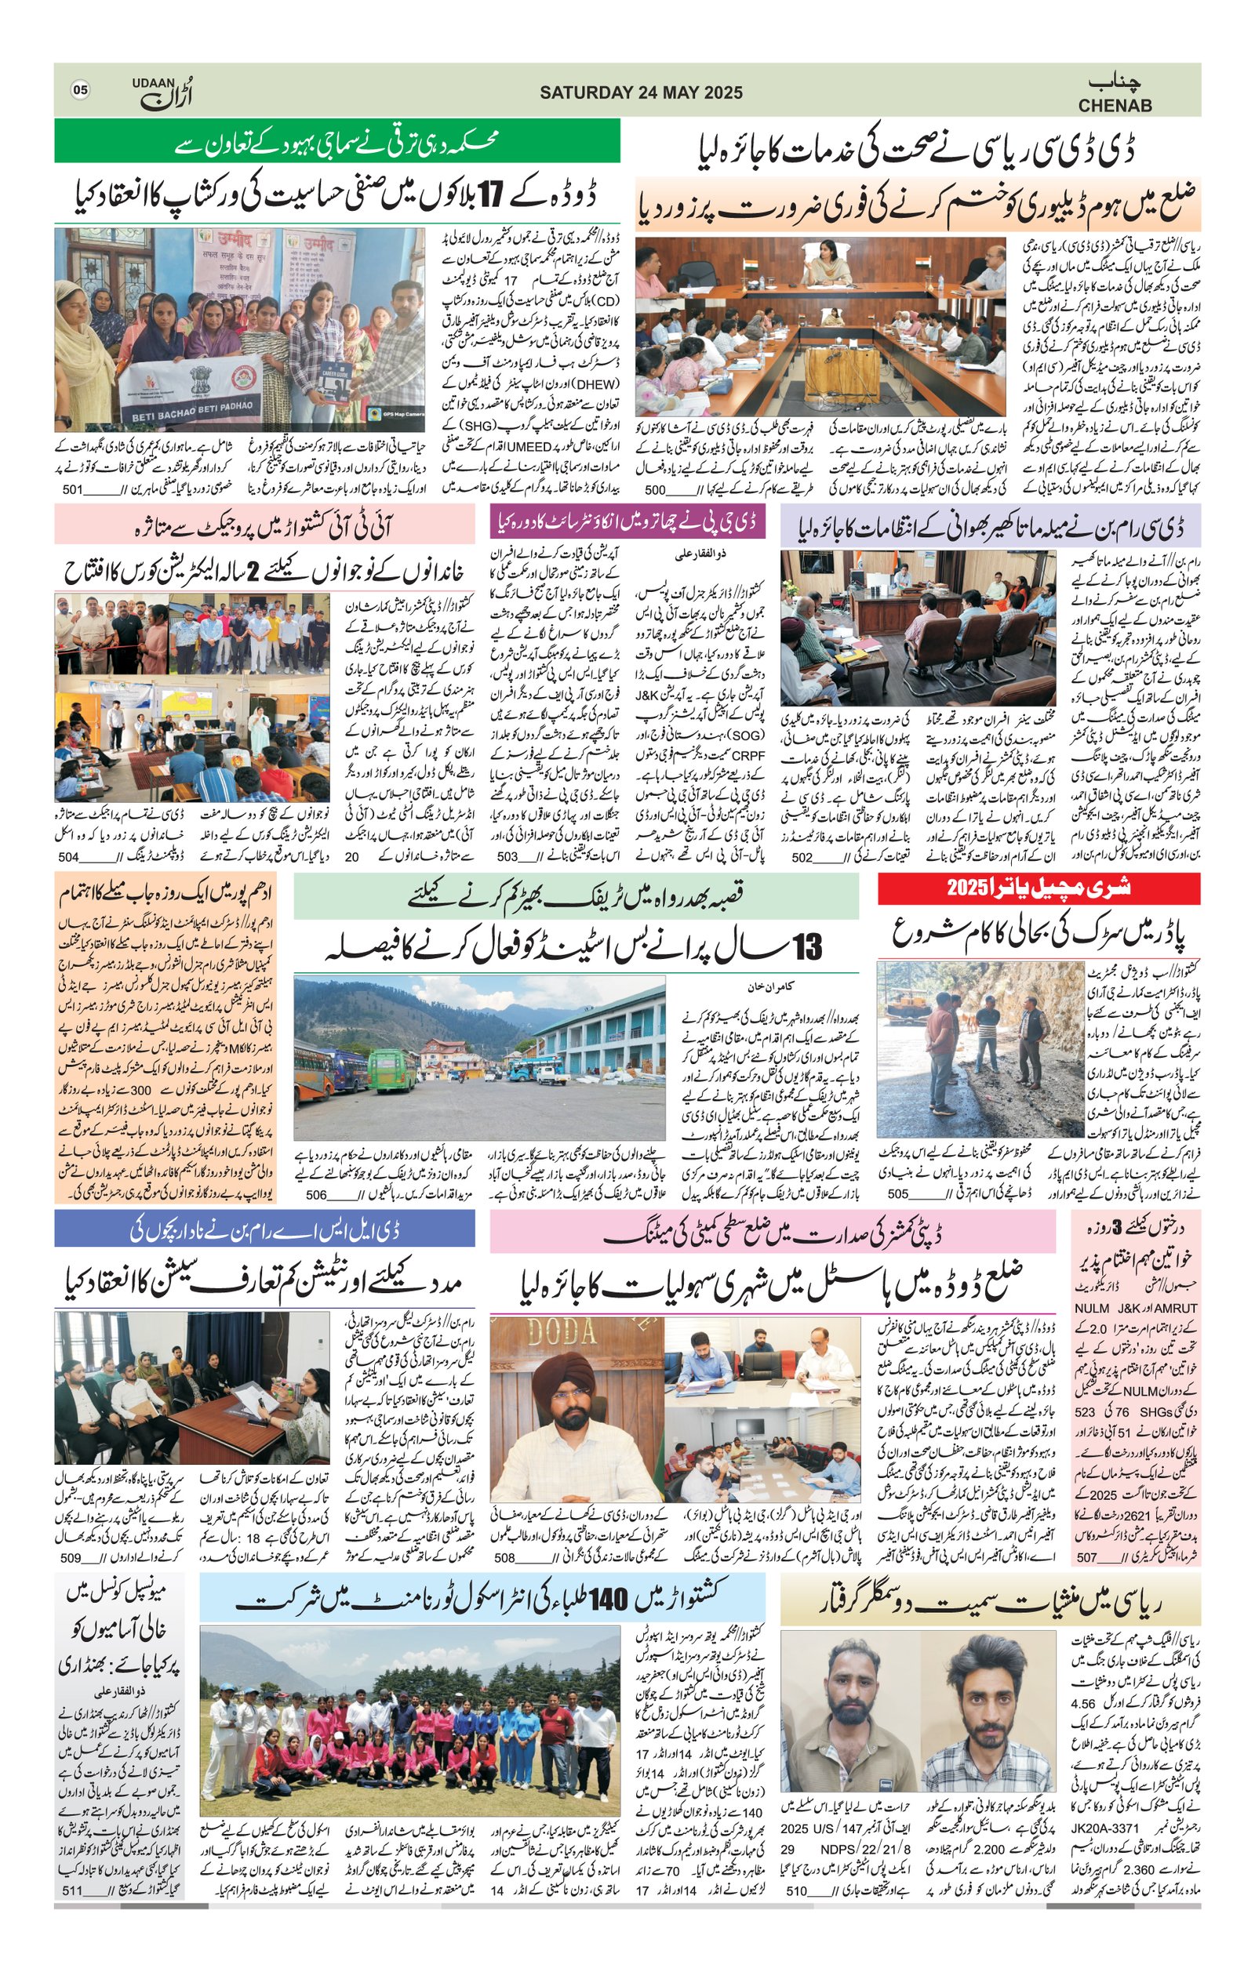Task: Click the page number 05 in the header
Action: coord(79,90)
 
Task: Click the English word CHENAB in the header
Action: coord(1115,106)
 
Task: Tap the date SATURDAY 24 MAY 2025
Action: coord(641,93)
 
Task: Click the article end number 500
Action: coord(656,490)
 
